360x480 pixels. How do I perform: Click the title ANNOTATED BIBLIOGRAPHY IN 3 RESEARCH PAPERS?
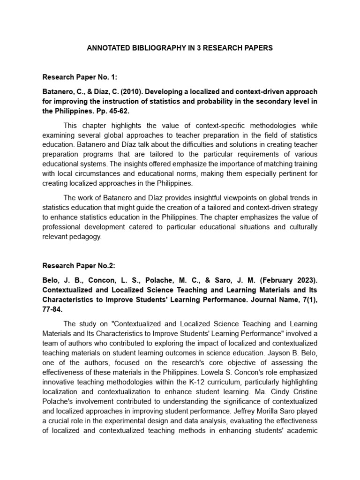(180, 48)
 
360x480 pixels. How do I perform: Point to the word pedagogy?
(87, 236)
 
